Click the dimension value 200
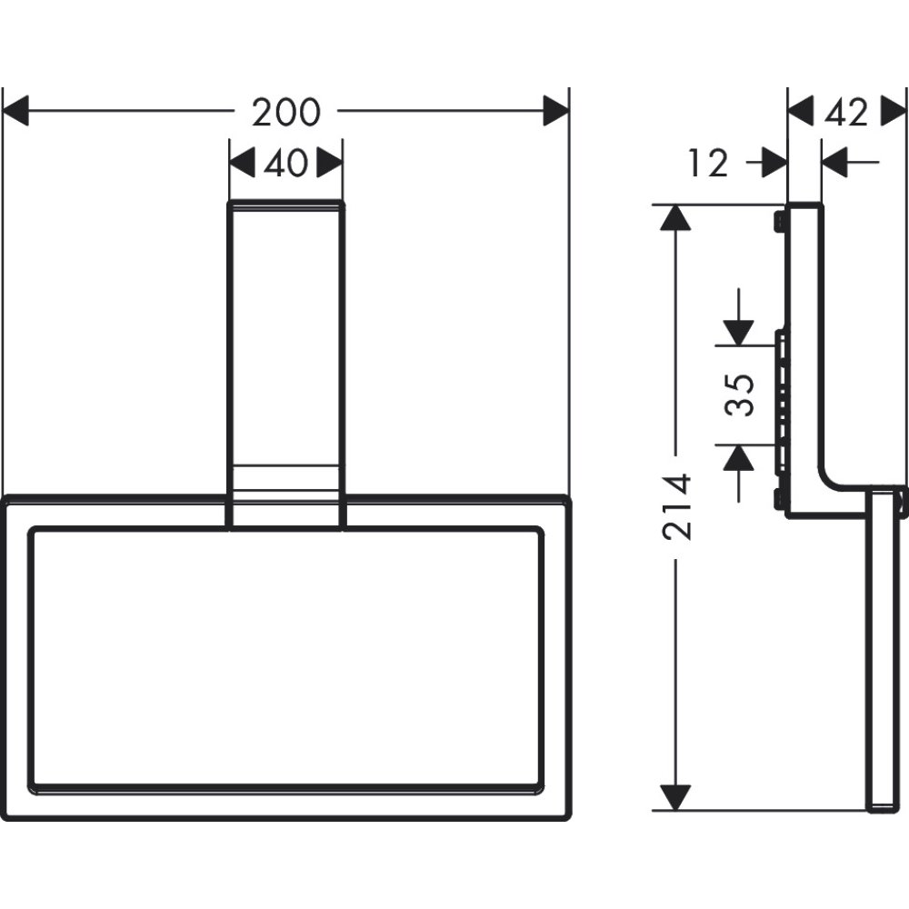[286, 113]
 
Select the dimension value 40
[285, 164]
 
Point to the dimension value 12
[708, 164]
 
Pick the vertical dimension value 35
[744, 395]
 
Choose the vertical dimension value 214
[678, 507]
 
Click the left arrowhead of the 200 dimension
[16, 113]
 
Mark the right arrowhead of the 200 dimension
[556, 113]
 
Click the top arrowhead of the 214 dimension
[673, 219]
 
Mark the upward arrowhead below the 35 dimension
[739, 458]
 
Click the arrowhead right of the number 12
[774, 164]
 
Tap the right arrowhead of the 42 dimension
[894, 113]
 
